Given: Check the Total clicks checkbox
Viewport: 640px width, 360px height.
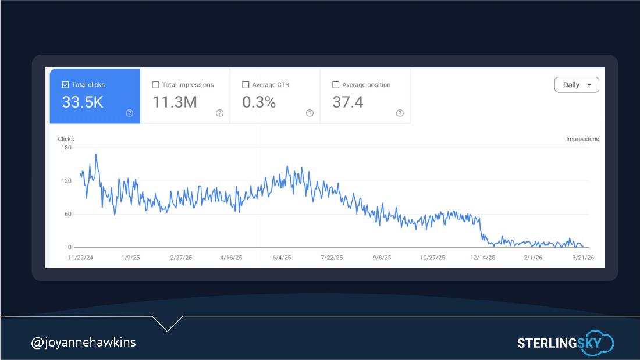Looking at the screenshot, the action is coord(65,85).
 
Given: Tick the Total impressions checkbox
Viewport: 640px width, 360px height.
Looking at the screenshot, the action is coord(155,85).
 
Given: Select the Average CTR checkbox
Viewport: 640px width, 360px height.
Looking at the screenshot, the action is coord(246,85).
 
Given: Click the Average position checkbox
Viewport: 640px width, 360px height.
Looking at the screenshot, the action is coord(336,85).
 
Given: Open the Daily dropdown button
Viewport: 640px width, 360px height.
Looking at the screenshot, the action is coord(577,85).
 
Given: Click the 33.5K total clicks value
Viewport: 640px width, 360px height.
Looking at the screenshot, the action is coord(83,102).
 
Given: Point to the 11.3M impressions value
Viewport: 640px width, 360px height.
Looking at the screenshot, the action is coord(175,102).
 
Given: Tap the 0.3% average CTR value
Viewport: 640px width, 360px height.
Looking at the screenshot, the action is coord(259,102).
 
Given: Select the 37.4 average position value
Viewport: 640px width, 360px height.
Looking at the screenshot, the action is coord(348,102).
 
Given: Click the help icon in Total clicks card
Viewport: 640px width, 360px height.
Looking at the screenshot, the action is coord(129,113).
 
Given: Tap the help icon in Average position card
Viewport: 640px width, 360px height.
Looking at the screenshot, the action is coord(400,113).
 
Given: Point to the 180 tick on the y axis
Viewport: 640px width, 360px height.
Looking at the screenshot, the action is coord(66,148).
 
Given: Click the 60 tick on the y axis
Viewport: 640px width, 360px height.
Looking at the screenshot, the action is coord(67,214).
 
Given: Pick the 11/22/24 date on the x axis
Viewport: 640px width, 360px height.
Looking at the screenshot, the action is coord(80,258).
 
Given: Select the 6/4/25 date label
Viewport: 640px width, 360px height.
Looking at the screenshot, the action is coord(282,258).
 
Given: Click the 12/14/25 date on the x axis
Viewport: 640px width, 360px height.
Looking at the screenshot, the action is coord(482,258).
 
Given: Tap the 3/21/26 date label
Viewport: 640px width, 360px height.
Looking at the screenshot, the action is coord(583,258).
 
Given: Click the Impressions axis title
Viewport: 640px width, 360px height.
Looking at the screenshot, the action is coord(582,139).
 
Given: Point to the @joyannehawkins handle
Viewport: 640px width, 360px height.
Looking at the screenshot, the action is coord(83,342).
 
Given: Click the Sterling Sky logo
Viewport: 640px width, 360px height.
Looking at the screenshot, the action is coord(566,343).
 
